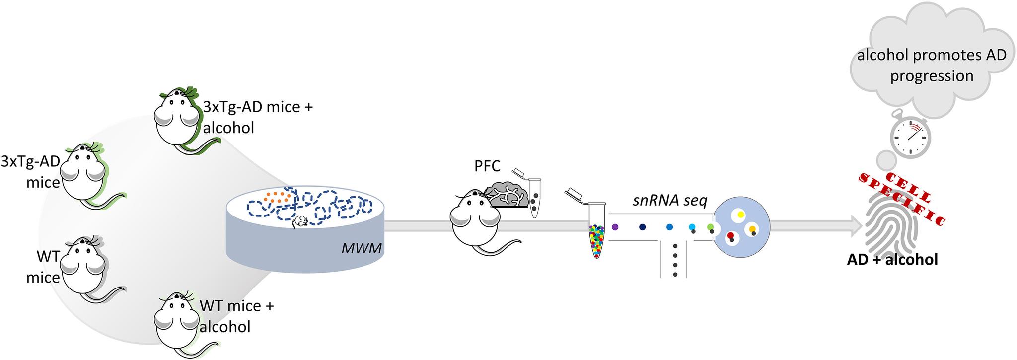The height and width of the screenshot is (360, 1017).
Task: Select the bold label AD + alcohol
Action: click(x=892, y=259)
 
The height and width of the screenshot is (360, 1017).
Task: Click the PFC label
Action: click(x=487, y=166)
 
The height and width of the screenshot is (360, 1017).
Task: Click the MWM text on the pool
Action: click(x=362, y=248)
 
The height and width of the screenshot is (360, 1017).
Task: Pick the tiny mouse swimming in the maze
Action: click(x=300, y=222)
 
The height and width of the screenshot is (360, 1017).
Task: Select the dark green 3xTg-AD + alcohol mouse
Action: click(x=176, y=117)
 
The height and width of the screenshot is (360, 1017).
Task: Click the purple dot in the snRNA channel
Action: click(x=615, y=227)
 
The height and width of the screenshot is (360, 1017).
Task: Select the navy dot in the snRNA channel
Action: click(x=642, y=227)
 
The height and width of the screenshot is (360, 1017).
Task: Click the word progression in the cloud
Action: click(x=932, y=76)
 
